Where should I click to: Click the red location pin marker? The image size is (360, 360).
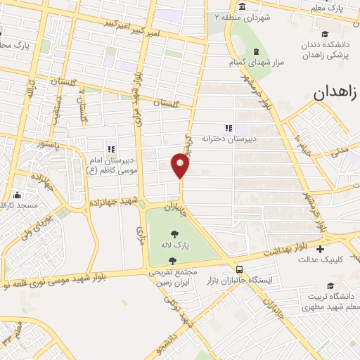pyautogui.click(x=181, y=165)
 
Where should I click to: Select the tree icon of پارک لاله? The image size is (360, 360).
pyautogui.click(x=174, y=234)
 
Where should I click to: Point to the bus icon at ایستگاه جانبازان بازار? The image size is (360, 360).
pyautogui.click(x=240, y=269)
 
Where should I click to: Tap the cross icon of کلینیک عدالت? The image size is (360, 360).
pyautogui.click(x=321, y=250)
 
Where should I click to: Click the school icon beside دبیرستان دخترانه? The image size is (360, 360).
pyautogui.click(x=229, y=128)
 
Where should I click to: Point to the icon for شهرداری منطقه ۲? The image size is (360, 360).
pyautogui.click(x=242, y=7)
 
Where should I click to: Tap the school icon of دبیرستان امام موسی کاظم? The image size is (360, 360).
pyautogui.click(x=110, y=148)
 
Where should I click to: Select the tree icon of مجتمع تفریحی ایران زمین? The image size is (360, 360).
pyautogui.click(x=172, y=261)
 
